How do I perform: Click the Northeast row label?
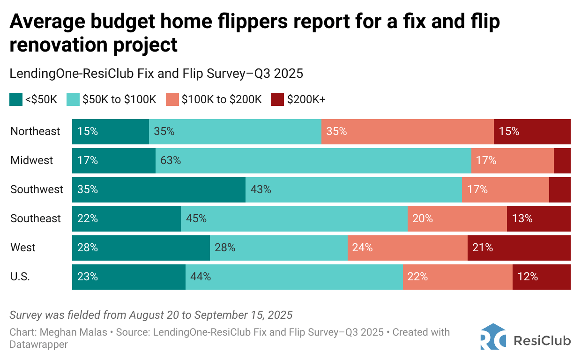pos(35,131)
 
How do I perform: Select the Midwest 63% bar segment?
pos(313,160)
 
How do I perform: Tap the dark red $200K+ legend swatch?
pos(277,99)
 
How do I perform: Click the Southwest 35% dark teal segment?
pos(158,189)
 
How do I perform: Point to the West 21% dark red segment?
pos(519,247)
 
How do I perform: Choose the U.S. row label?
pos(20,277)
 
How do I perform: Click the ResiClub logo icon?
pos(492,337)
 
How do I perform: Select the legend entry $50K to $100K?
pos(119,99)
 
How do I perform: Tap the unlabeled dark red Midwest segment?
pos(562,160)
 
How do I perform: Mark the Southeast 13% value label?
pos(522,218)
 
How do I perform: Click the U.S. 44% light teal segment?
pos(294,277)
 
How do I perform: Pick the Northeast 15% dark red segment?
pos(532,131)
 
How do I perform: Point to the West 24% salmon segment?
pos(407,247)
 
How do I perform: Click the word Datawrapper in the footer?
pos(39,345)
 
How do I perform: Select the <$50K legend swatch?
pos(16,99)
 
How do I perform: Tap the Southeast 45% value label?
pos(196,218)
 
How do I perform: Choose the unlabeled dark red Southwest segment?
pos(559,189)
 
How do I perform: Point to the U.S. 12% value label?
pos(528,277)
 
